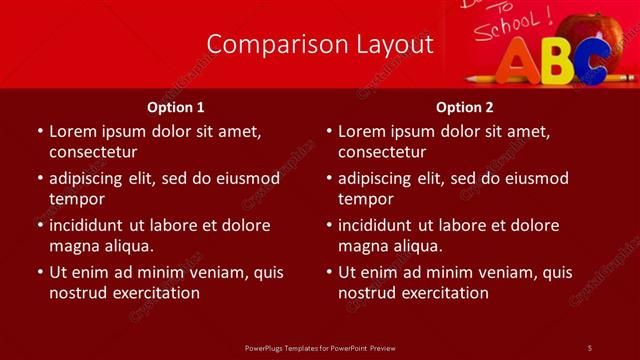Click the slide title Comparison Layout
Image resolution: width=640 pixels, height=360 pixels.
tap(320, 44)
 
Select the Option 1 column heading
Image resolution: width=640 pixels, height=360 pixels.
tap(176, 107)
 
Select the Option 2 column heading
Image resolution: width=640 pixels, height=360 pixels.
tap(465, 107)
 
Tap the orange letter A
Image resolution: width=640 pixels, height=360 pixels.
tap(519, 63)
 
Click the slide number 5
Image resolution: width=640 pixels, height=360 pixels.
tap(590, 347)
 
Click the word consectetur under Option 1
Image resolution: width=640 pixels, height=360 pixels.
tap(93, 152)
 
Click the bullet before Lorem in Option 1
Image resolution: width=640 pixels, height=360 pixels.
tap(39, 131)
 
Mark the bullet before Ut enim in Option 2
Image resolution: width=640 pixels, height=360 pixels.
tap(328, 272)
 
